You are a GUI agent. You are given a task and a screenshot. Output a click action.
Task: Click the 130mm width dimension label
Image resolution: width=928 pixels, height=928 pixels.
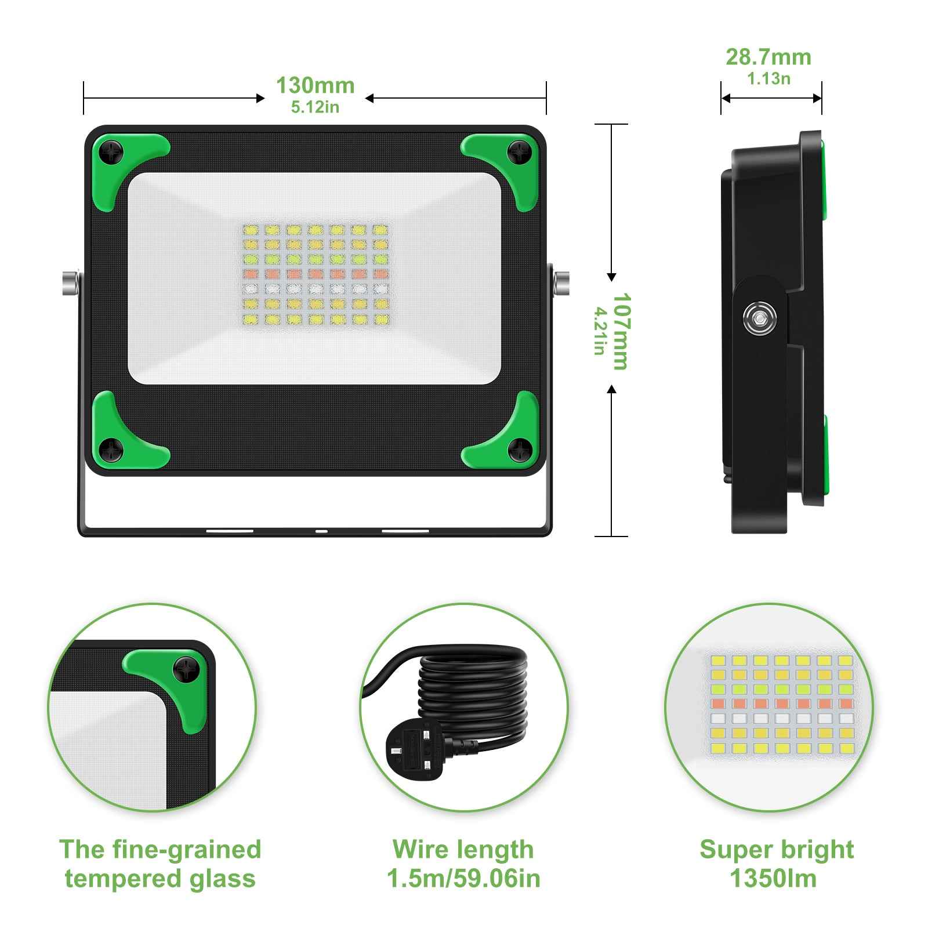point(315,85)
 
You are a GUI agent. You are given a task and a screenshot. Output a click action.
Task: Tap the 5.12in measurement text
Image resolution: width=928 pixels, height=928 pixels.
point(315,107)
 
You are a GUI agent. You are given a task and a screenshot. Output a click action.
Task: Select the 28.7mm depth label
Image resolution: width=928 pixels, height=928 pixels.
point(768,57)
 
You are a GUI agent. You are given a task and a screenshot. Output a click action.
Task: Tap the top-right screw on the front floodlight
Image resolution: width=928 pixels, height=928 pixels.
point(519,152)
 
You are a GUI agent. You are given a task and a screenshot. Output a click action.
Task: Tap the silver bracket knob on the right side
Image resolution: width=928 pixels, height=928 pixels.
point(561,282)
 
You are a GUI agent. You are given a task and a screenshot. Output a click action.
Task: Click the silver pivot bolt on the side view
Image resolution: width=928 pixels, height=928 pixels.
point(759,318)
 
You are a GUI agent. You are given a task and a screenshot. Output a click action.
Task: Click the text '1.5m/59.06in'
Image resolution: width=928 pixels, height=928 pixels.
point(463,879)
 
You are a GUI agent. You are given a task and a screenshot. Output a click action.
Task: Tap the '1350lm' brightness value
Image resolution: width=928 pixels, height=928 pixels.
point(773,879)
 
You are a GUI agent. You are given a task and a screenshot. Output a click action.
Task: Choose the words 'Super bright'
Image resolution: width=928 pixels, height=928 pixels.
point(777,850)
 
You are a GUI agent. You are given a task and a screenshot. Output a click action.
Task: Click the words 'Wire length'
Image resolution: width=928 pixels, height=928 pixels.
point(463,850)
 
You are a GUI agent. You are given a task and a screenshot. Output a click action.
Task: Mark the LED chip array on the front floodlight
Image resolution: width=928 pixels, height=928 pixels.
point(315,274)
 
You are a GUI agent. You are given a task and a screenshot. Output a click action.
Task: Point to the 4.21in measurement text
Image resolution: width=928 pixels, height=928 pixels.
point(599,331)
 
